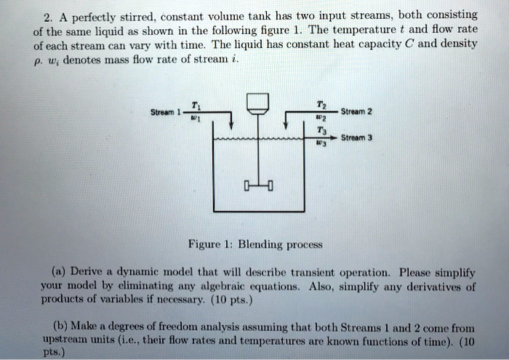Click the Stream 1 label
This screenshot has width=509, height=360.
tap(166, 112)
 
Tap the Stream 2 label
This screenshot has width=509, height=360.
tap(356, 112)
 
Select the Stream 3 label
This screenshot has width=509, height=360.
tap(356, 137)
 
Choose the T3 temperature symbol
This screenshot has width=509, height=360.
tap(321, 130)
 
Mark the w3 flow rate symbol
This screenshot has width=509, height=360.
tap(321, 143)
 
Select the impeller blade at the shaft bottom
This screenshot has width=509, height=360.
tap(258, 185)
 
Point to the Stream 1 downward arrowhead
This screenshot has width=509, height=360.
tap(231, 126)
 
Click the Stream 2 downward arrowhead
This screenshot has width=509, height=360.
tap(286, 125)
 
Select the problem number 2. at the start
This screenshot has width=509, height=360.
tap(48, 18)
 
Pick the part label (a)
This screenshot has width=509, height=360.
tap(59, 271)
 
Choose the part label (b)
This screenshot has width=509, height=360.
tap(60, 326)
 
